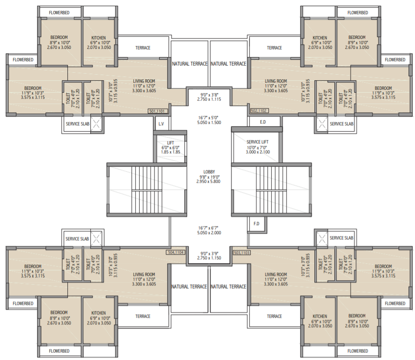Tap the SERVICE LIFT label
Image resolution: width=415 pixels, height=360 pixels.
pos(258,142)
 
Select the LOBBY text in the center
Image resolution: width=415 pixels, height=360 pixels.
pos(209,172)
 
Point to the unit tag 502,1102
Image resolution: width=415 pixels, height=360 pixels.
pos(259,111)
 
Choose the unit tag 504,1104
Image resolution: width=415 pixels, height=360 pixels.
pos(176,253)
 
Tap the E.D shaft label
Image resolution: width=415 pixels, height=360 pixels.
pos(263,123)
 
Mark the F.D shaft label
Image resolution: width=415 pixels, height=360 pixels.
pos(257,223)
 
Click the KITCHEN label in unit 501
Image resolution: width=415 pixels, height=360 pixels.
pos(99,38)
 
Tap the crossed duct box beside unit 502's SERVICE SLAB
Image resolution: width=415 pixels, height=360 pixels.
pos(321,124)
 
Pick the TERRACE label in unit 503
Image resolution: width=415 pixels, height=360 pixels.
pos(274,316)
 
